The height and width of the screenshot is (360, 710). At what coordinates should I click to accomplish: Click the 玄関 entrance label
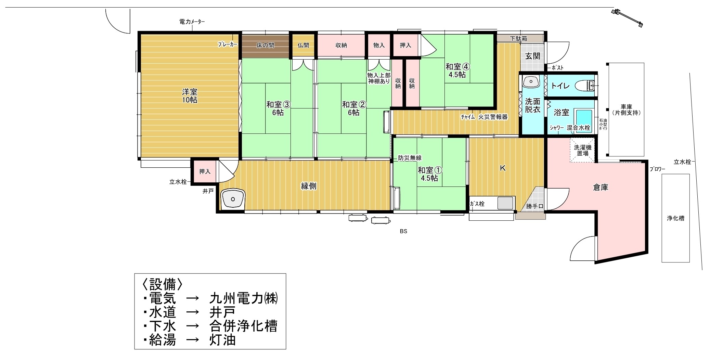pos(532,56)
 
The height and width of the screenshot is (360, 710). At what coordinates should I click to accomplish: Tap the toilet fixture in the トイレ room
pos(585,85)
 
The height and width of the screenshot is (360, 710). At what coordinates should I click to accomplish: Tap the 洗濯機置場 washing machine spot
pos(582,150)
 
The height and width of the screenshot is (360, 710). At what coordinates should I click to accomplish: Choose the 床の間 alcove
pos(265,45)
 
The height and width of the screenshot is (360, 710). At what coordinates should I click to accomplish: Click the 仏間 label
pos(303,45)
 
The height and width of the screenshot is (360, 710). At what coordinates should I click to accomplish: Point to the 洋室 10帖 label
pos(189,96)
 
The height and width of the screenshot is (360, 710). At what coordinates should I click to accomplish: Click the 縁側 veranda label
pos(308,186)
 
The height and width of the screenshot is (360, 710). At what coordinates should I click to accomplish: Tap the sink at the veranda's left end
pos(233,199)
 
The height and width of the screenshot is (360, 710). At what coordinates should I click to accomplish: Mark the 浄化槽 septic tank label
pos(675,218)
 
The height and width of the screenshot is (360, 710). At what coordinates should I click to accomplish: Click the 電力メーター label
pos(192,22)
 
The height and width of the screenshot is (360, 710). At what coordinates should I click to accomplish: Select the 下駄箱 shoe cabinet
pos(519,38)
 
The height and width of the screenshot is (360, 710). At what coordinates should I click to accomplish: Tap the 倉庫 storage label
pos(601,187)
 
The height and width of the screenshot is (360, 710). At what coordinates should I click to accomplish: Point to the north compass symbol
pos(627,18)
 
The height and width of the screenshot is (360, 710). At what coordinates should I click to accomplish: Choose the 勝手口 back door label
pos(534,206)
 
